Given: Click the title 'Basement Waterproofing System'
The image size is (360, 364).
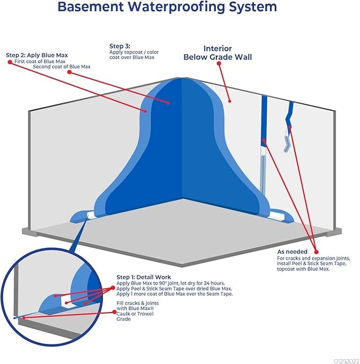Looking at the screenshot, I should point(167,7).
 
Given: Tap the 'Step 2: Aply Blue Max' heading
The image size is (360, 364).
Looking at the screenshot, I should point(37,55).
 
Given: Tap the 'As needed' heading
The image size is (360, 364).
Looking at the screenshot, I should point(292,251).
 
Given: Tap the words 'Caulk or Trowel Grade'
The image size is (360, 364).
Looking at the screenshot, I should point(131,316).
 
